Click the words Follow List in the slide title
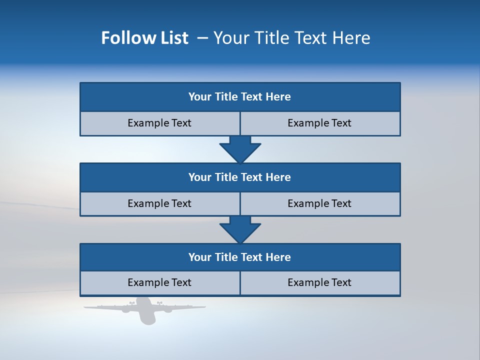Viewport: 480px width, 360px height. tap(145, 38)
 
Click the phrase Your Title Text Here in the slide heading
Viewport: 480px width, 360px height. tap(292, 38)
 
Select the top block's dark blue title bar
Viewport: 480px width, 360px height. tap(240, 97)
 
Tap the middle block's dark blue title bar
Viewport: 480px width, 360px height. tap(240, 177)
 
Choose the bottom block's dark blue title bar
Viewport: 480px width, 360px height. tap(240, 257)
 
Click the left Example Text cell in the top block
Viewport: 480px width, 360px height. tap(159, 123)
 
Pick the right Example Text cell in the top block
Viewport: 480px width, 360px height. tap(319, 123)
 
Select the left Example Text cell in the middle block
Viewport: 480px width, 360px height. tap(159, 204)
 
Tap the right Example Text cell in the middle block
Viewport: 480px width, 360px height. tap(319, 204)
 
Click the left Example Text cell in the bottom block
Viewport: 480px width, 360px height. tap(159, 283)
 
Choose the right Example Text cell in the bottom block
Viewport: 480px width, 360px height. tap(319, 283)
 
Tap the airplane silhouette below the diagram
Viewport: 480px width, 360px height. tap(145, 310)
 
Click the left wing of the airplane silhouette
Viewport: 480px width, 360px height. tap(105, 307)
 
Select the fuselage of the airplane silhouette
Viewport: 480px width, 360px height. tap(145, 312)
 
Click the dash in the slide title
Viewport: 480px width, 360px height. tap(203, 38)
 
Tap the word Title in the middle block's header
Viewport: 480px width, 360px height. tap(226, 177)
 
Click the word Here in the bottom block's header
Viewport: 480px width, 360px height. tap(278, 257)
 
